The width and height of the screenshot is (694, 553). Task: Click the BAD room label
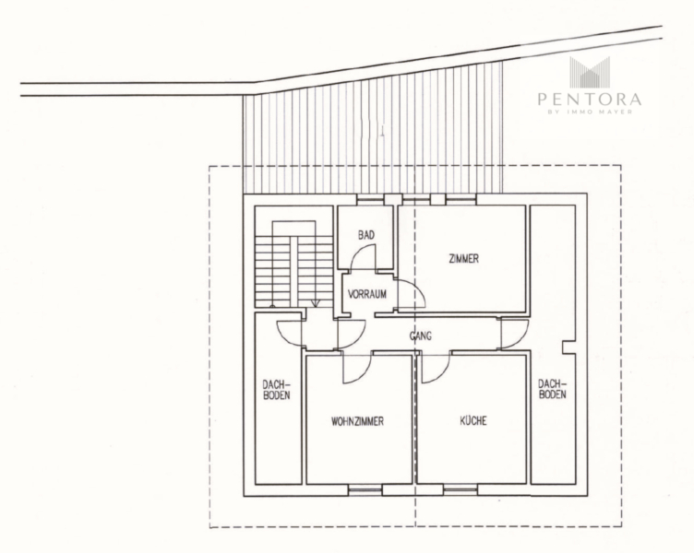coord(366,235)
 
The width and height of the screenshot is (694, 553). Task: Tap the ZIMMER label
coord(464,259)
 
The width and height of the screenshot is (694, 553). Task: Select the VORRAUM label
coord(367,294)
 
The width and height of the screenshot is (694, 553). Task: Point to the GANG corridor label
coord(421,336)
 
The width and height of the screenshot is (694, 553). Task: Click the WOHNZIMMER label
coord(357,422)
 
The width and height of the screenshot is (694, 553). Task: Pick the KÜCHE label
coord(473,420)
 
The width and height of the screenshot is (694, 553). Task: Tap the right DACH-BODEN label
coord(552,389)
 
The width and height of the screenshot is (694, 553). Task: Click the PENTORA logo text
coord(590,99)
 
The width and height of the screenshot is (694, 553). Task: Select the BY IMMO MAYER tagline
coord(590,112)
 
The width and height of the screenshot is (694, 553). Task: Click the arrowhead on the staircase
coord(315,303)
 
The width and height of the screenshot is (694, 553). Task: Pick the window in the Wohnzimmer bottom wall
coord(365,489)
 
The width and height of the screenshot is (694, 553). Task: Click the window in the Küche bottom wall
coord(461,489)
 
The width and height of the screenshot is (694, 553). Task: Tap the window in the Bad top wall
coord(370,200)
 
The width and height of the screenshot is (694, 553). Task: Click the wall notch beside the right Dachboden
coord(568,347)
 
